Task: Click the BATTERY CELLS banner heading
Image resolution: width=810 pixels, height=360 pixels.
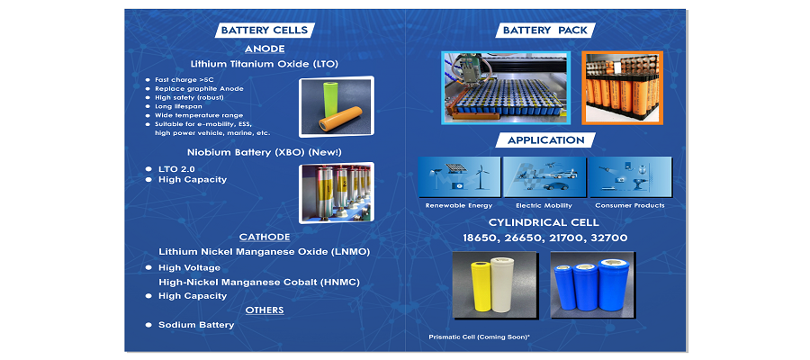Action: tap(264, 30)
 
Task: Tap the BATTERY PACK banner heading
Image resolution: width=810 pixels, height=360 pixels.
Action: tap(545, 30)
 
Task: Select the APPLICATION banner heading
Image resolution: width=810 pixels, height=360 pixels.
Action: tap(545, 140)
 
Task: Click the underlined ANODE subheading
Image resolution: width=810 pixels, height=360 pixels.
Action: tap(265, 49)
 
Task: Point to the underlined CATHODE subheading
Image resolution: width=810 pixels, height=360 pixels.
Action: tap(265, 237)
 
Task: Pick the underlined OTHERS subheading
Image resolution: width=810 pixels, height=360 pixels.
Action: tap(265, 310)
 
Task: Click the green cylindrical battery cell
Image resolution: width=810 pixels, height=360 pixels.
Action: tap(329, 98)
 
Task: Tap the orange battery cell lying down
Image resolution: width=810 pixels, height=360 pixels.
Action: tap(340, 119)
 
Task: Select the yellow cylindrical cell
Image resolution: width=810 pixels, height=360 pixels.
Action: tap(481, 286)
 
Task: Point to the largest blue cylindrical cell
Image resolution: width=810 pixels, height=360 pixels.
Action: tap(613, 283)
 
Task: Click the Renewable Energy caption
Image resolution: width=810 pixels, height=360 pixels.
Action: tap(459, 205)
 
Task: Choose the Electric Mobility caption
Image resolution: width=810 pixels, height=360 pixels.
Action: tap(544, 205)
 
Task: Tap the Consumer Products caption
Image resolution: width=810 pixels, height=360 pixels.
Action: tap(630, 205)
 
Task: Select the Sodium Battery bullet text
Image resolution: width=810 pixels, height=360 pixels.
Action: tap(196, 325)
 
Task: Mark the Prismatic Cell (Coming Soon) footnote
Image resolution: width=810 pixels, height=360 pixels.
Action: tap(479, 337)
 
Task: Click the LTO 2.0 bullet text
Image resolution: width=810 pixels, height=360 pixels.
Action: tap(176, 169)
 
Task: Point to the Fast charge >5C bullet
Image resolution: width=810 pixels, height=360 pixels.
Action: tap(177, 80)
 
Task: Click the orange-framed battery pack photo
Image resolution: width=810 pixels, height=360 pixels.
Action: tap(622, 87)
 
